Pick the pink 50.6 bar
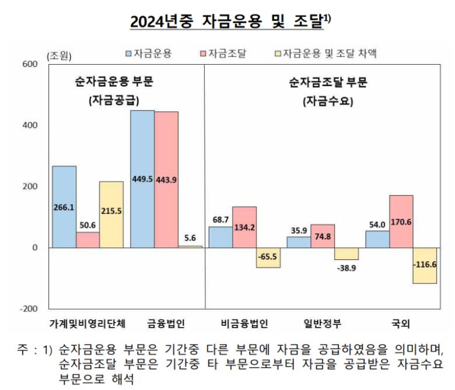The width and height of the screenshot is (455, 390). pos(87,240)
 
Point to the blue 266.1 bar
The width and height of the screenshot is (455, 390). pos(64,207)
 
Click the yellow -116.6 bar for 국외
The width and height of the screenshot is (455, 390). pos(425,266)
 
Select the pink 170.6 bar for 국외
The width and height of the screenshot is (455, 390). pos(401,222)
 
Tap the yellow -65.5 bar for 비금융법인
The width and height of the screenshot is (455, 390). pos(268,258)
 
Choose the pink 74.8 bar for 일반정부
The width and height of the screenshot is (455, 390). pos(323,236)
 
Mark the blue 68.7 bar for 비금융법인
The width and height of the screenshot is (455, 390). pos(220,237)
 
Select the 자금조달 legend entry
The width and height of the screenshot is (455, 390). pos(223,54)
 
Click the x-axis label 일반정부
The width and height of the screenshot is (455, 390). pos(323,323)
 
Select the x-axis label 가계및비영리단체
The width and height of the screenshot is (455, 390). pos(87,323)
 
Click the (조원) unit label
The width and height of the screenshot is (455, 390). pos(58,56)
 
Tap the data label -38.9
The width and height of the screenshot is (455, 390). pos(346,269)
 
